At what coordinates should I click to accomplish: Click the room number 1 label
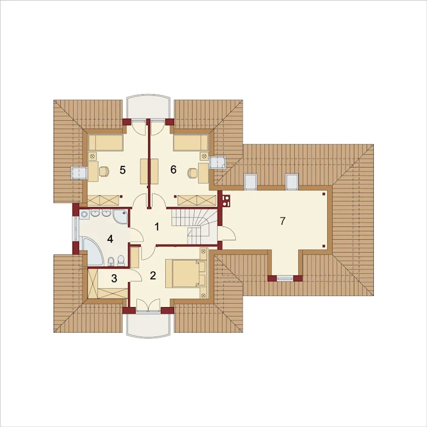click(x=157, y=227)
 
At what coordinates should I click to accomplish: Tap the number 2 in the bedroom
click(x=153, y=276)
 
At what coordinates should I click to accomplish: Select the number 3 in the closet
click(x=114, y=279)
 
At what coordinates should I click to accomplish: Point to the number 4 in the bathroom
click(x=110, y=239)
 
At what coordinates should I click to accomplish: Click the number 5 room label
click(x=122, y=170)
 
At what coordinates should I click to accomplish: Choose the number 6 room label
click(x=173, y=169)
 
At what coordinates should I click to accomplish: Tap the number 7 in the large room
click(x=282, y=221)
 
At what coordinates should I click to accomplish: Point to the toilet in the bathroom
click(x=121, y=261)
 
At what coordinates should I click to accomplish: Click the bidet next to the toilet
click(x=110, y=262)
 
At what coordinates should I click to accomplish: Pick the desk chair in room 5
click(x=104, y=172)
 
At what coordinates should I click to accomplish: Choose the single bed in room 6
click(x=190, y=143)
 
